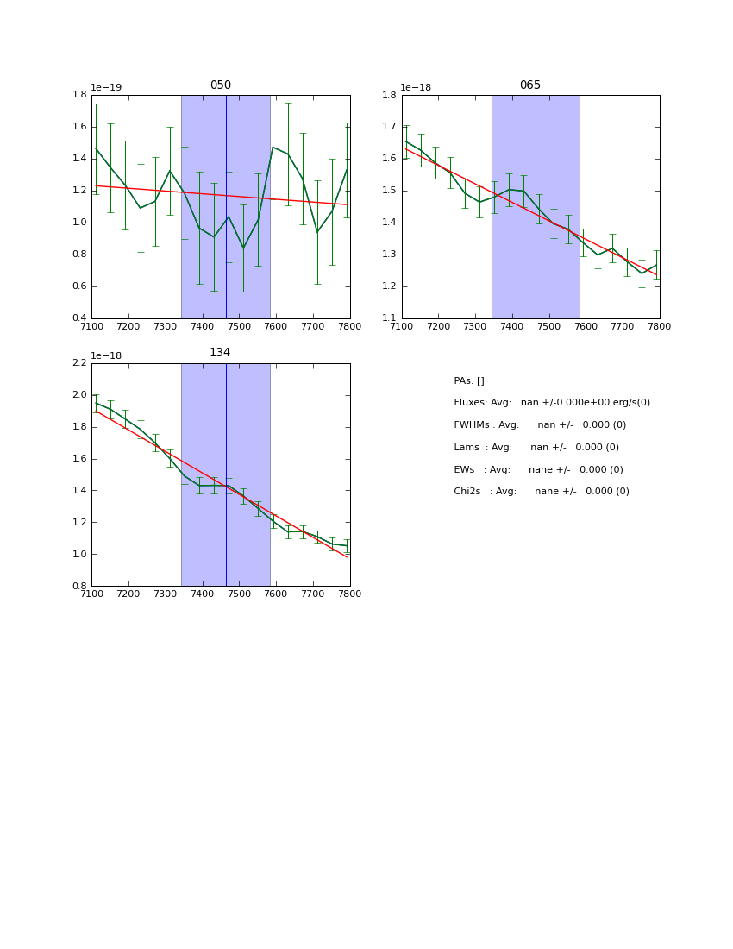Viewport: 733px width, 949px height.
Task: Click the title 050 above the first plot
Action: pyautogui.click(x=220, y=85)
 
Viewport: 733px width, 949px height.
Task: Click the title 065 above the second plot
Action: pyautogui.click(x=529, y=85)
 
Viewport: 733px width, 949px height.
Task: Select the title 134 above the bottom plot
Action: pyautogui.click(x=220, y=353)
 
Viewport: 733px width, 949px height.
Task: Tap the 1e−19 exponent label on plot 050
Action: pyautogui.click(x=106, y=88)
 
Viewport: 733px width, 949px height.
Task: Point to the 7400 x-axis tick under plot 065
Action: pyautogui.click(x=511, y=326)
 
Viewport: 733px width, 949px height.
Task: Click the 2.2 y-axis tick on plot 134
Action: pyautogui.click(x=78, y=363)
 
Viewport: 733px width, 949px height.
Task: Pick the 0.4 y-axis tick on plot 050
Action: pyautogui.click(x=78, y=318)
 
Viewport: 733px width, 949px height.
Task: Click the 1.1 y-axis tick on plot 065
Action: pyautogui.click(x=389, y=318)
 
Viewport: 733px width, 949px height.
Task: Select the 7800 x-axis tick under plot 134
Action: pyautogui.click(x=349, y=594)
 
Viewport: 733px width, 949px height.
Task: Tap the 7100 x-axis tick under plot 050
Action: pyautogui.click(x=91, y=326)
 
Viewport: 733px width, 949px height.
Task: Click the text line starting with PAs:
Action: pyautogui.click(x=469, y=381)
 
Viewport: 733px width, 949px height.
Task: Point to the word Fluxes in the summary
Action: pyautogui.click(x=470, y=403)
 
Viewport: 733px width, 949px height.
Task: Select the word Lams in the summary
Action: pyautogui.click(x=467, y=448)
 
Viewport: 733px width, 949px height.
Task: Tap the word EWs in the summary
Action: pyautogui.click(x=465, y=470)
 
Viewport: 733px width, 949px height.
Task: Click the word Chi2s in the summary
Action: pyautogui.click(x=468, y=492)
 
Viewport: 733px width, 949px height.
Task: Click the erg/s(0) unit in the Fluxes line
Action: pyautogui.click(x=629, y=403)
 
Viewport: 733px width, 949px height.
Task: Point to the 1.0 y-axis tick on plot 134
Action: pyautogui.click(x=78, y=554)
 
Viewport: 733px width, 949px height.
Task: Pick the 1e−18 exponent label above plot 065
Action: pyautogui.click(x=416, y=88)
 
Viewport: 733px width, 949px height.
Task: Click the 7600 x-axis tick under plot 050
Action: pyautogui.click(x=276, y=326)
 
